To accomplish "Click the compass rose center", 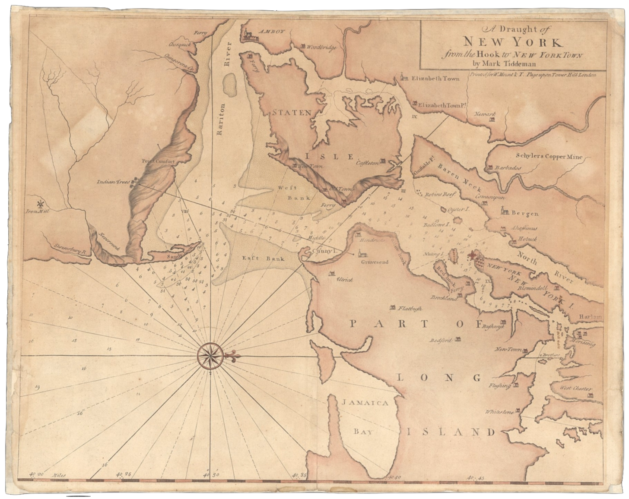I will click(x=210, y=356).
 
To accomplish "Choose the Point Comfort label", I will click(x=158, y=161).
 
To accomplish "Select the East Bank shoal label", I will click(x=257, y=259).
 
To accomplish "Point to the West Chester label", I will click(x=575, y=388).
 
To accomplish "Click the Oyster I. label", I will click(x=459, y=209).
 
